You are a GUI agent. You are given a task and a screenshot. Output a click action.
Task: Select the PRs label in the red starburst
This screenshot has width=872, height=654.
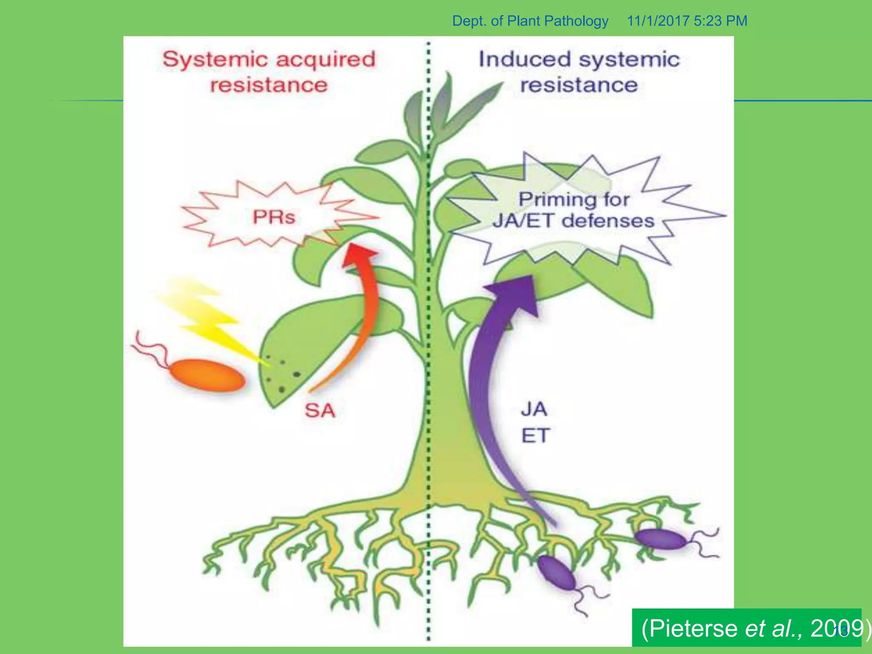point(274,217)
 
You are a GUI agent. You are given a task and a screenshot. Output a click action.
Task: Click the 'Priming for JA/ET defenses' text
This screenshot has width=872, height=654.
point(574,210)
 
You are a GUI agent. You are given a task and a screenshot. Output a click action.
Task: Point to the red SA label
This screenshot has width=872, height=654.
point(320,410)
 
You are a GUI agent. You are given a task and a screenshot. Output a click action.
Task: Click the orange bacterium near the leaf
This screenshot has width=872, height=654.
point(207,375)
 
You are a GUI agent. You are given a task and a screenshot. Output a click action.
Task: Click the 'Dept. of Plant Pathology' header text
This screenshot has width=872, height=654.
point(530,21)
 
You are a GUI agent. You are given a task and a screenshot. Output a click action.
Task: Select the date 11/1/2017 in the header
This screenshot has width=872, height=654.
point(658,21)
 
